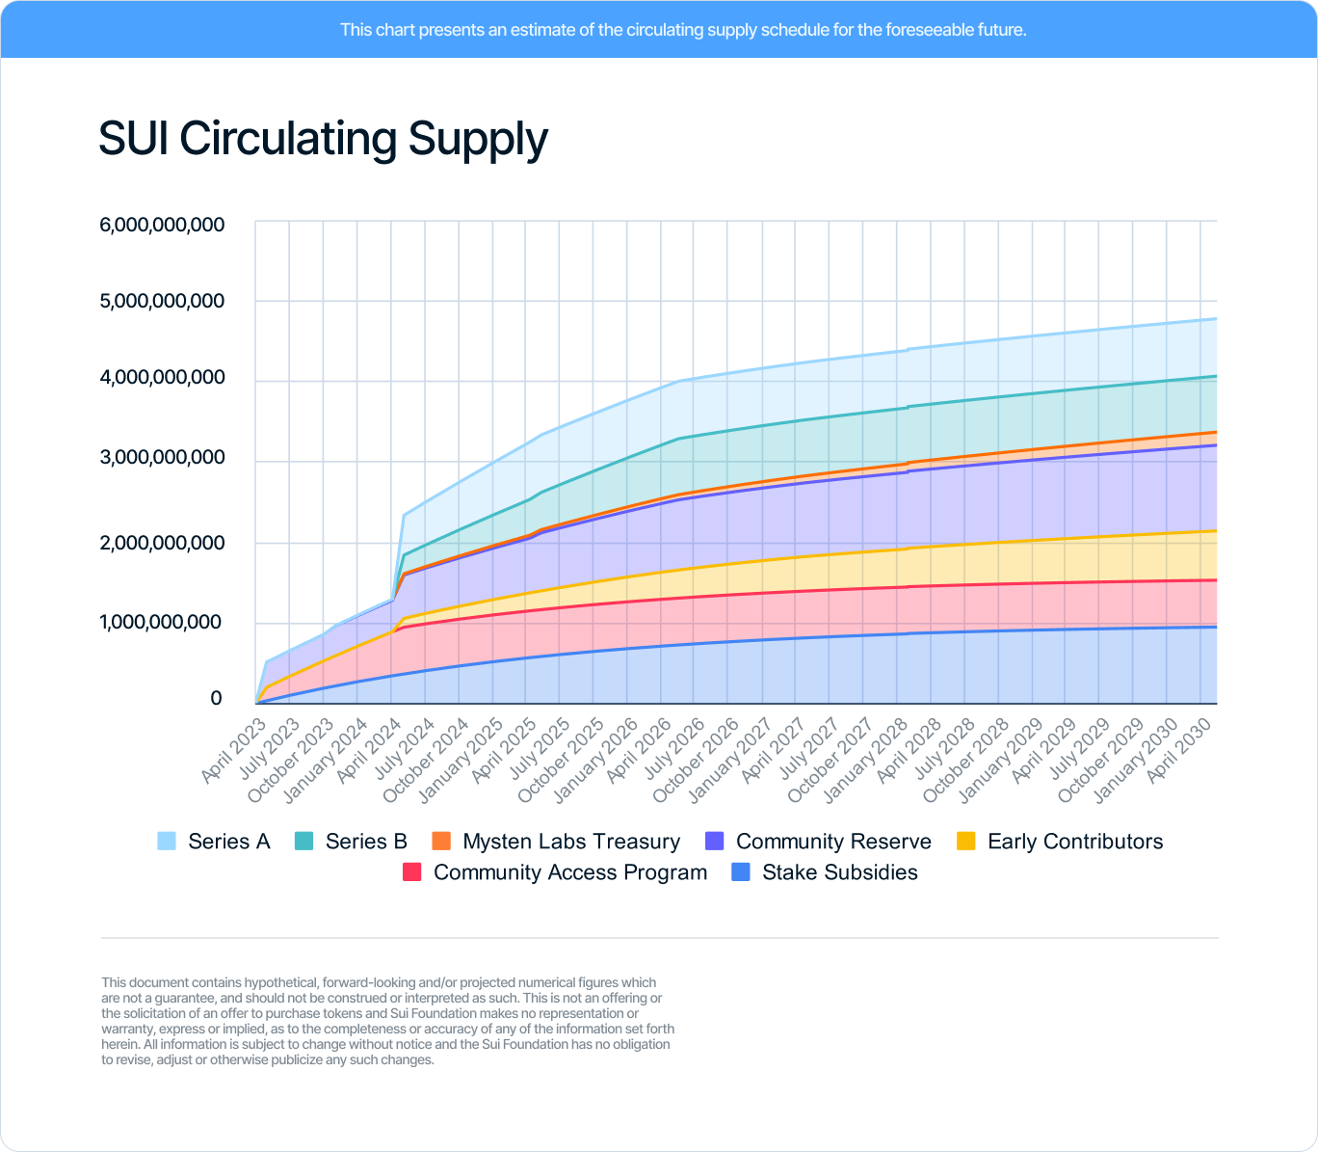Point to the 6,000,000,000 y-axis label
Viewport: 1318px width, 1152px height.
(x=162, y=225)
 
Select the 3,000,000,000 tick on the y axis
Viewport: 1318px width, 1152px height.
(x=162, y=457)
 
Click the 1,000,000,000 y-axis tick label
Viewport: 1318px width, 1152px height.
(x=162, y=622)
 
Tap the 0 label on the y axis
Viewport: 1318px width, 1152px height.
(x=216, y=698)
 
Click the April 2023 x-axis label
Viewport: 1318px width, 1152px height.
(x=234, y=750)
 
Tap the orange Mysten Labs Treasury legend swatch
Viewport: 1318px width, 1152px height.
(x=441, y=842)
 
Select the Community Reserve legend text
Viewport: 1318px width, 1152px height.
(x=833, y=842)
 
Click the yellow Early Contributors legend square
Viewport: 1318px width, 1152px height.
(x=966, y=842)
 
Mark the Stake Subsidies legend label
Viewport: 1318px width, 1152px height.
(x=839, y=872)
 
